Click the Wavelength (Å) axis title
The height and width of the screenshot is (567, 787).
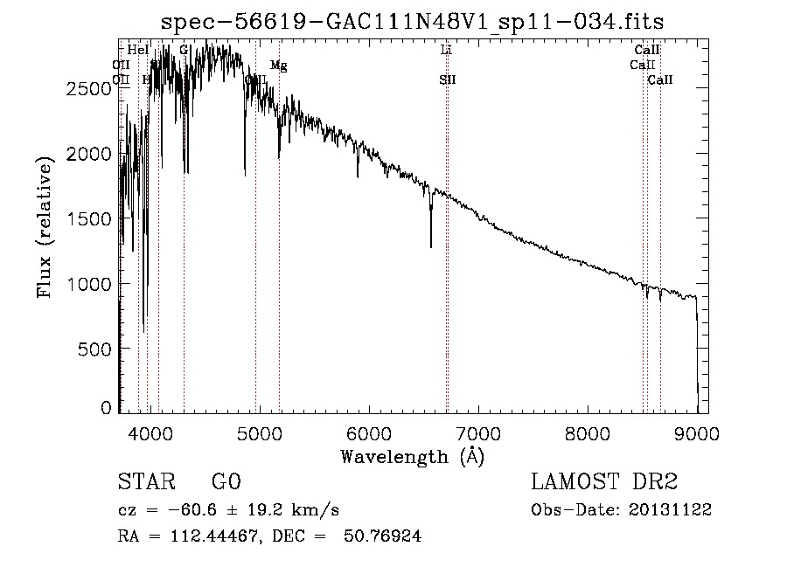point(412,456)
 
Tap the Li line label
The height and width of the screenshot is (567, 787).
point(446,51)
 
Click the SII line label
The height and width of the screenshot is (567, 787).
point(448,80)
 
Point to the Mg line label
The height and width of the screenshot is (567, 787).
point(278,66)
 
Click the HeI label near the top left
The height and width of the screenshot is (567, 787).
point(138,51)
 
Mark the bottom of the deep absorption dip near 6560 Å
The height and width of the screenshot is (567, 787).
point(430,246)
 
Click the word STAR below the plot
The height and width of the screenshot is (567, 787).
point(145,482)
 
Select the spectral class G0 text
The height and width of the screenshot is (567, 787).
point(226,482)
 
